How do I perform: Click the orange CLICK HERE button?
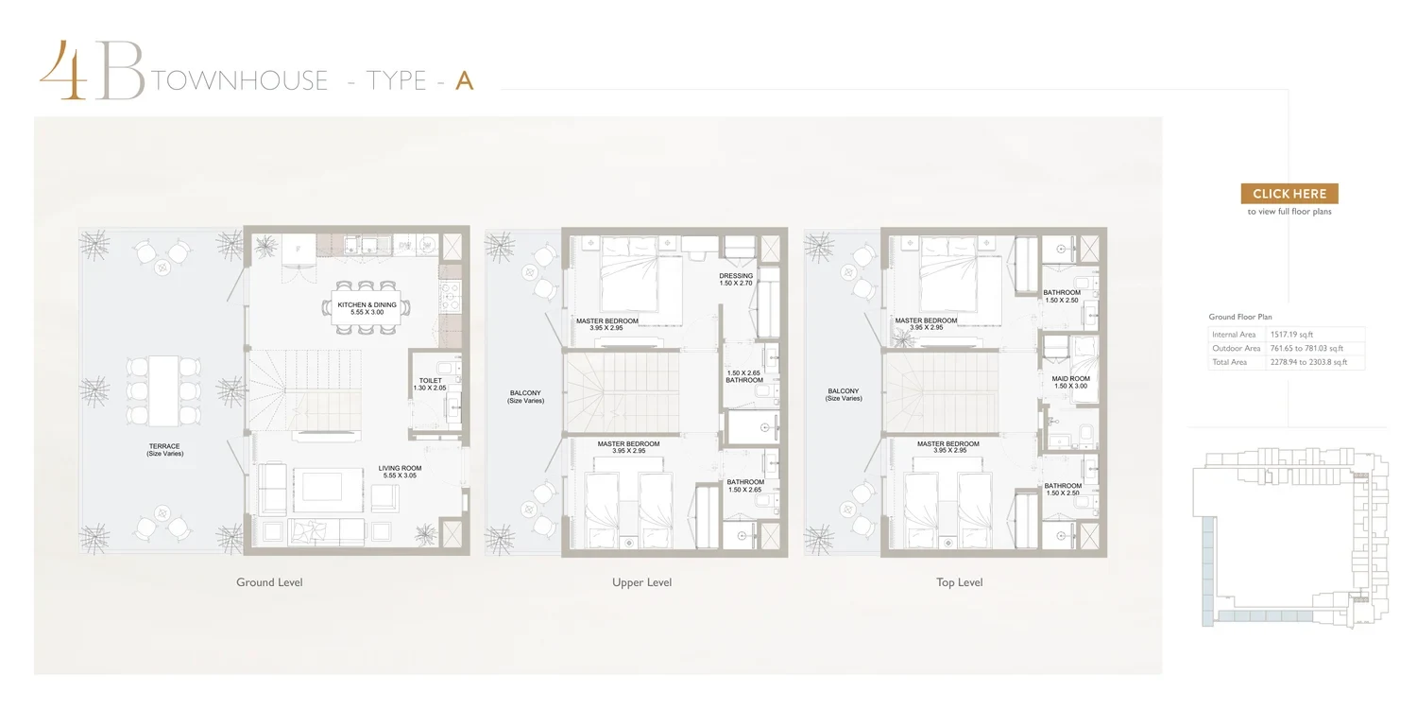(x=1289, y=194)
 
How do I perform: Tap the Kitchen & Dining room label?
(x=367, y=308)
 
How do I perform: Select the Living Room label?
(x=400, y=472)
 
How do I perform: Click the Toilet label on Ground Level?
(x=430, y=384)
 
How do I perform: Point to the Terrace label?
(x=164, y=449)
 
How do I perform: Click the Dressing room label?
(x=736, y=279)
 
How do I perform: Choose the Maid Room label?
(x=1070, y=382)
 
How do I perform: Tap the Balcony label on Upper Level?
(x=525, y=396)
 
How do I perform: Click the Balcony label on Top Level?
(x=844, y=394)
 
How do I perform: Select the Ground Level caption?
(x=269, y=581)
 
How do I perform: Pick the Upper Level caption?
(x=641, y=581)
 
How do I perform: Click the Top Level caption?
(x=959, y=581)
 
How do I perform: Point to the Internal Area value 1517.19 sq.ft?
(x=1291, y=335)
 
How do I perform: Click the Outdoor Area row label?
(x=1236, y=348)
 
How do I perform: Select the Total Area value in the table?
(x=1308, y=362)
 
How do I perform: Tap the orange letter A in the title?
(x=465, y=80)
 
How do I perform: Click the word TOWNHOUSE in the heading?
(x=240, y=80)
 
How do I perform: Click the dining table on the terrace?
(x=163, y=390)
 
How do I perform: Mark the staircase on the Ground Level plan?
(x=304, y=390)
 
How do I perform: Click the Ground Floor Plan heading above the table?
(x=1239, y=317)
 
